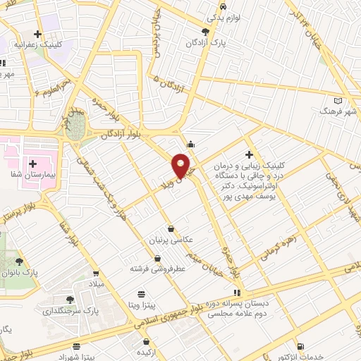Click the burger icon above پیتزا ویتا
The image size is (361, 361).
pyautogui.click(x=142, y=293)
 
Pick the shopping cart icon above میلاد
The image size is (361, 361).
pyautogui.click(x=96, y=273)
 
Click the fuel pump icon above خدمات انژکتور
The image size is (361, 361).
pyautogui.click(x=302, y=346)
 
